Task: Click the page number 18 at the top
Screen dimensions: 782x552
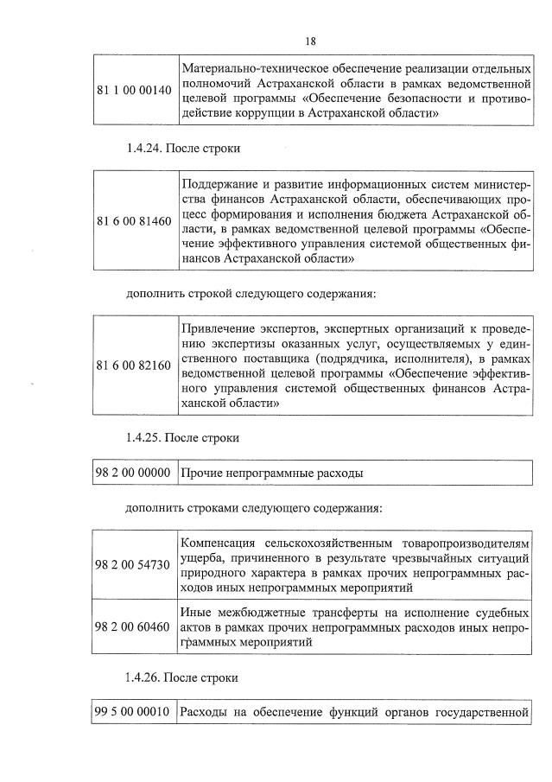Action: (x=311, y=41)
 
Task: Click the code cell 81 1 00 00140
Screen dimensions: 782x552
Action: (x=134, y=90)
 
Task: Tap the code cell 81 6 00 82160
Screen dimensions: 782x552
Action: (x=134, y=366)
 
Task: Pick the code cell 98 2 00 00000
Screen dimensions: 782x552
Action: (x=134, y=474)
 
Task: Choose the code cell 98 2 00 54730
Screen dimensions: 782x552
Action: (x=134, y=565)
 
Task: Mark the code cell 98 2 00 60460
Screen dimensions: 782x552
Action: (x=134, y=626)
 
